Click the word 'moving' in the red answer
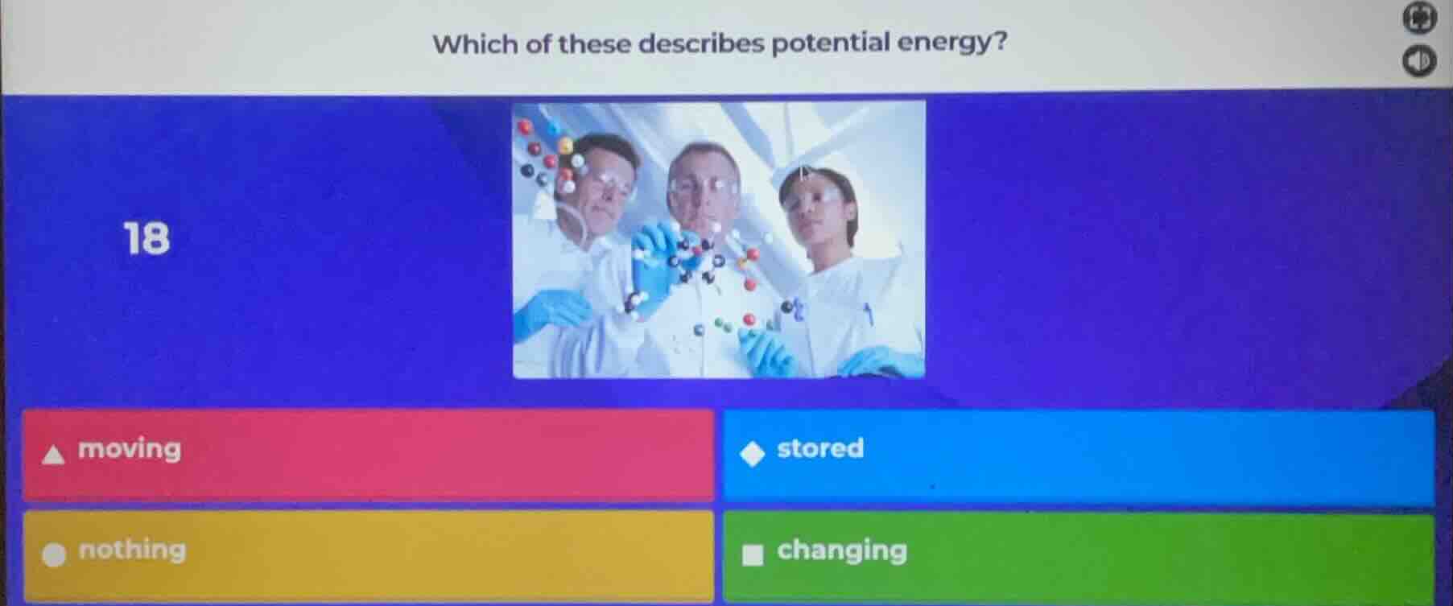(130, 449)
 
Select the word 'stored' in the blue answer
(820, 448)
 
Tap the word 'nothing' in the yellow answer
(132, 550)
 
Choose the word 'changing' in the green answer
(842, 551)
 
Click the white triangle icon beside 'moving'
(54, 455)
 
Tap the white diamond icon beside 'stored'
(753, 454)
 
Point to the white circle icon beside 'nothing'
(54, 555)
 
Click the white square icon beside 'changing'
(753, 555)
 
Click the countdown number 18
(147, 239)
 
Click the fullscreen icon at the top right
(1419, 19)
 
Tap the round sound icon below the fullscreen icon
(1419, 61)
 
